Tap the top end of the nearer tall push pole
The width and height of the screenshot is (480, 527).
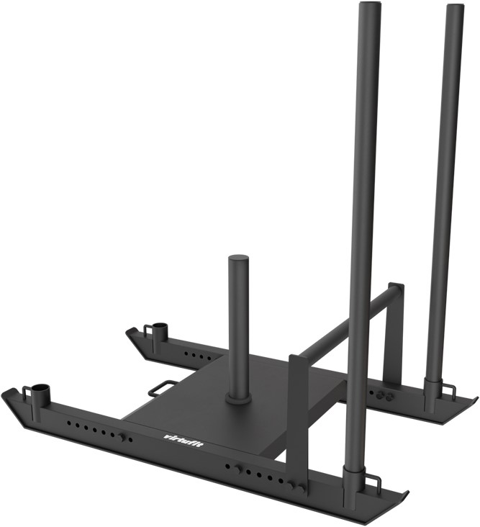368,6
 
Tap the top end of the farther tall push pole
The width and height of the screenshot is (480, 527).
455,8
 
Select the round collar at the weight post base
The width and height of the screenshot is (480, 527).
237,397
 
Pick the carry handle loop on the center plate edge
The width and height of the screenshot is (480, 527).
163,388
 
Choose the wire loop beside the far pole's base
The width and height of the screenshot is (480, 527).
450,390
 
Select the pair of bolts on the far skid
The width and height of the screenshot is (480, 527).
383,395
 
